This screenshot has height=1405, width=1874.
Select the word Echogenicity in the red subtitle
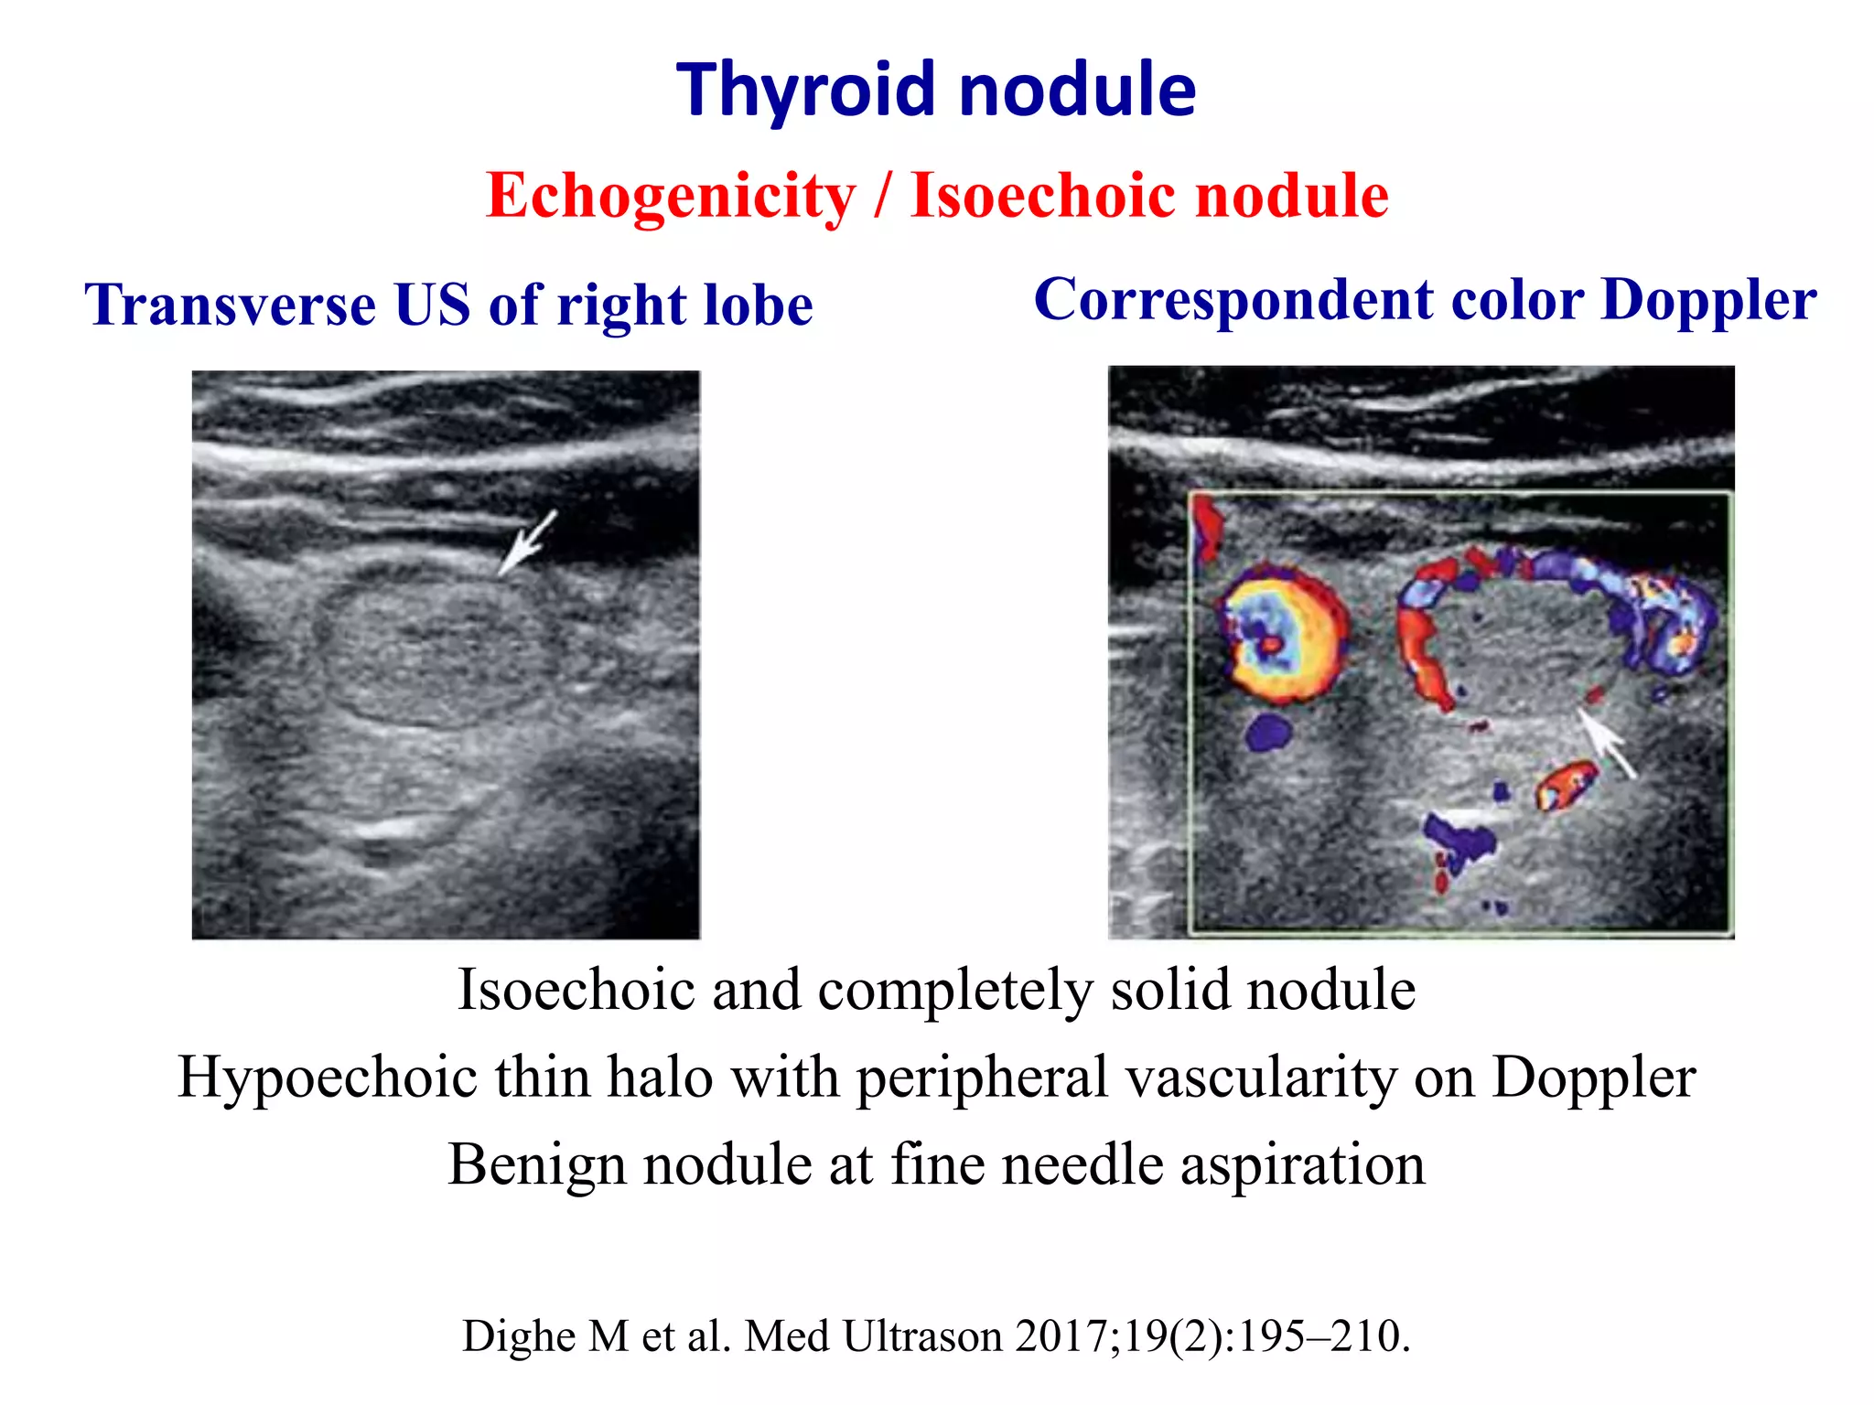click(x=671, y=196)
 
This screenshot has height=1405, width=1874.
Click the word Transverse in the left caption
click(x=230, y=305)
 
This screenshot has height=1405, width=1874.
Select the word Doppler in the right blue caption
click(x=1708, y=300)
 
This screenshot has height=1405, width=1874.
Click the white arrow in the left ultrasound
click(x=527, y=543)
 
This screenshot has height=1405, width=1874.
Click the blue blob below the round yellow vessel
click(x=1268, y=732)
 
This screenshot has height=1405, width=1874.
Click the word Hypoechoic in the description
click(x=327, y=1077)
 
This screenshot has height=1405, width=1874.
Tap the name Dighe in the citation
click(x=521, y=1336)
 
